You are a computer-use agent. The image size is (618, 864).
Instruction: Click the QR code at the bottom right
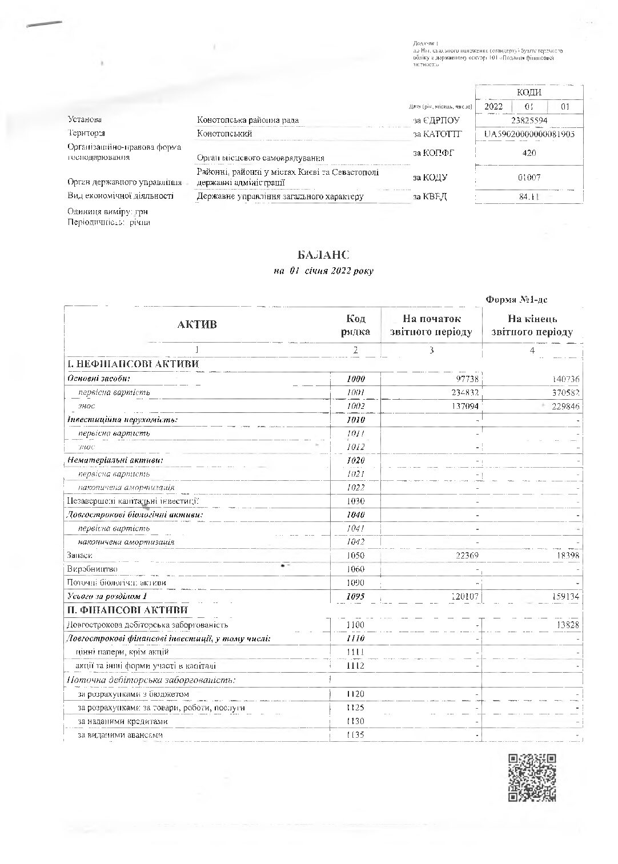tap(532, 777)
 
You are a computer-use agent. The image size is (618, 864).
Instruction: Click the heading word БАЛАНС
tap(323, 255)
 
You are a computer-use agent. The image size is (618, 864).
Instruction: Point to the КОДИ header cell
tap(529, 93)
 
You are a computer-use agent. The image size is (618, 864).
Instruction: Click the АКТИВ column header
tap(197, 325)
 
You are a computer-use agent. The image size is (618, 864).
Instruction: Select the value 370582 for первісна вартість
tap(563, 392)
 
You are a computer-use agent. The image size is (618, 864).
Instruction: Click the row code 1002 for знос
tap(355, 406)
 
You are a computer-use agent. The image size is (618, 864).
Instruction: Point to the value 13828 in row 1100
tap(565, 625)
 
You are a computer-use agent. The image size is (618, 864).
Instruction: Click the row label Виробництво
tap(93, 569)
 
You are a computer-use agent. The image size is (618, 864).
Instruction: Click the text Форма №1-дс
tap(517, 300)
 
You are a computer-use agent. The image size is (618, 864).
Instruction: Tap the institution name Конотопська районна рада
tap(248, 120)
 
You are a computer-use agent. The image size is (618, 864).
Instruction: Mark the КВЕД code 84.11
tap(529, 197)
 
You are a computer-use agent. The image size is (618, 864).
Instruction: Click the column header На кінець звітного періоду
tap(532, 325)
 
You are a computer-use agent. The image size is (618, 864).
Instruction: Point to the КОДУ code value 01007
tap(529, 178)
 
